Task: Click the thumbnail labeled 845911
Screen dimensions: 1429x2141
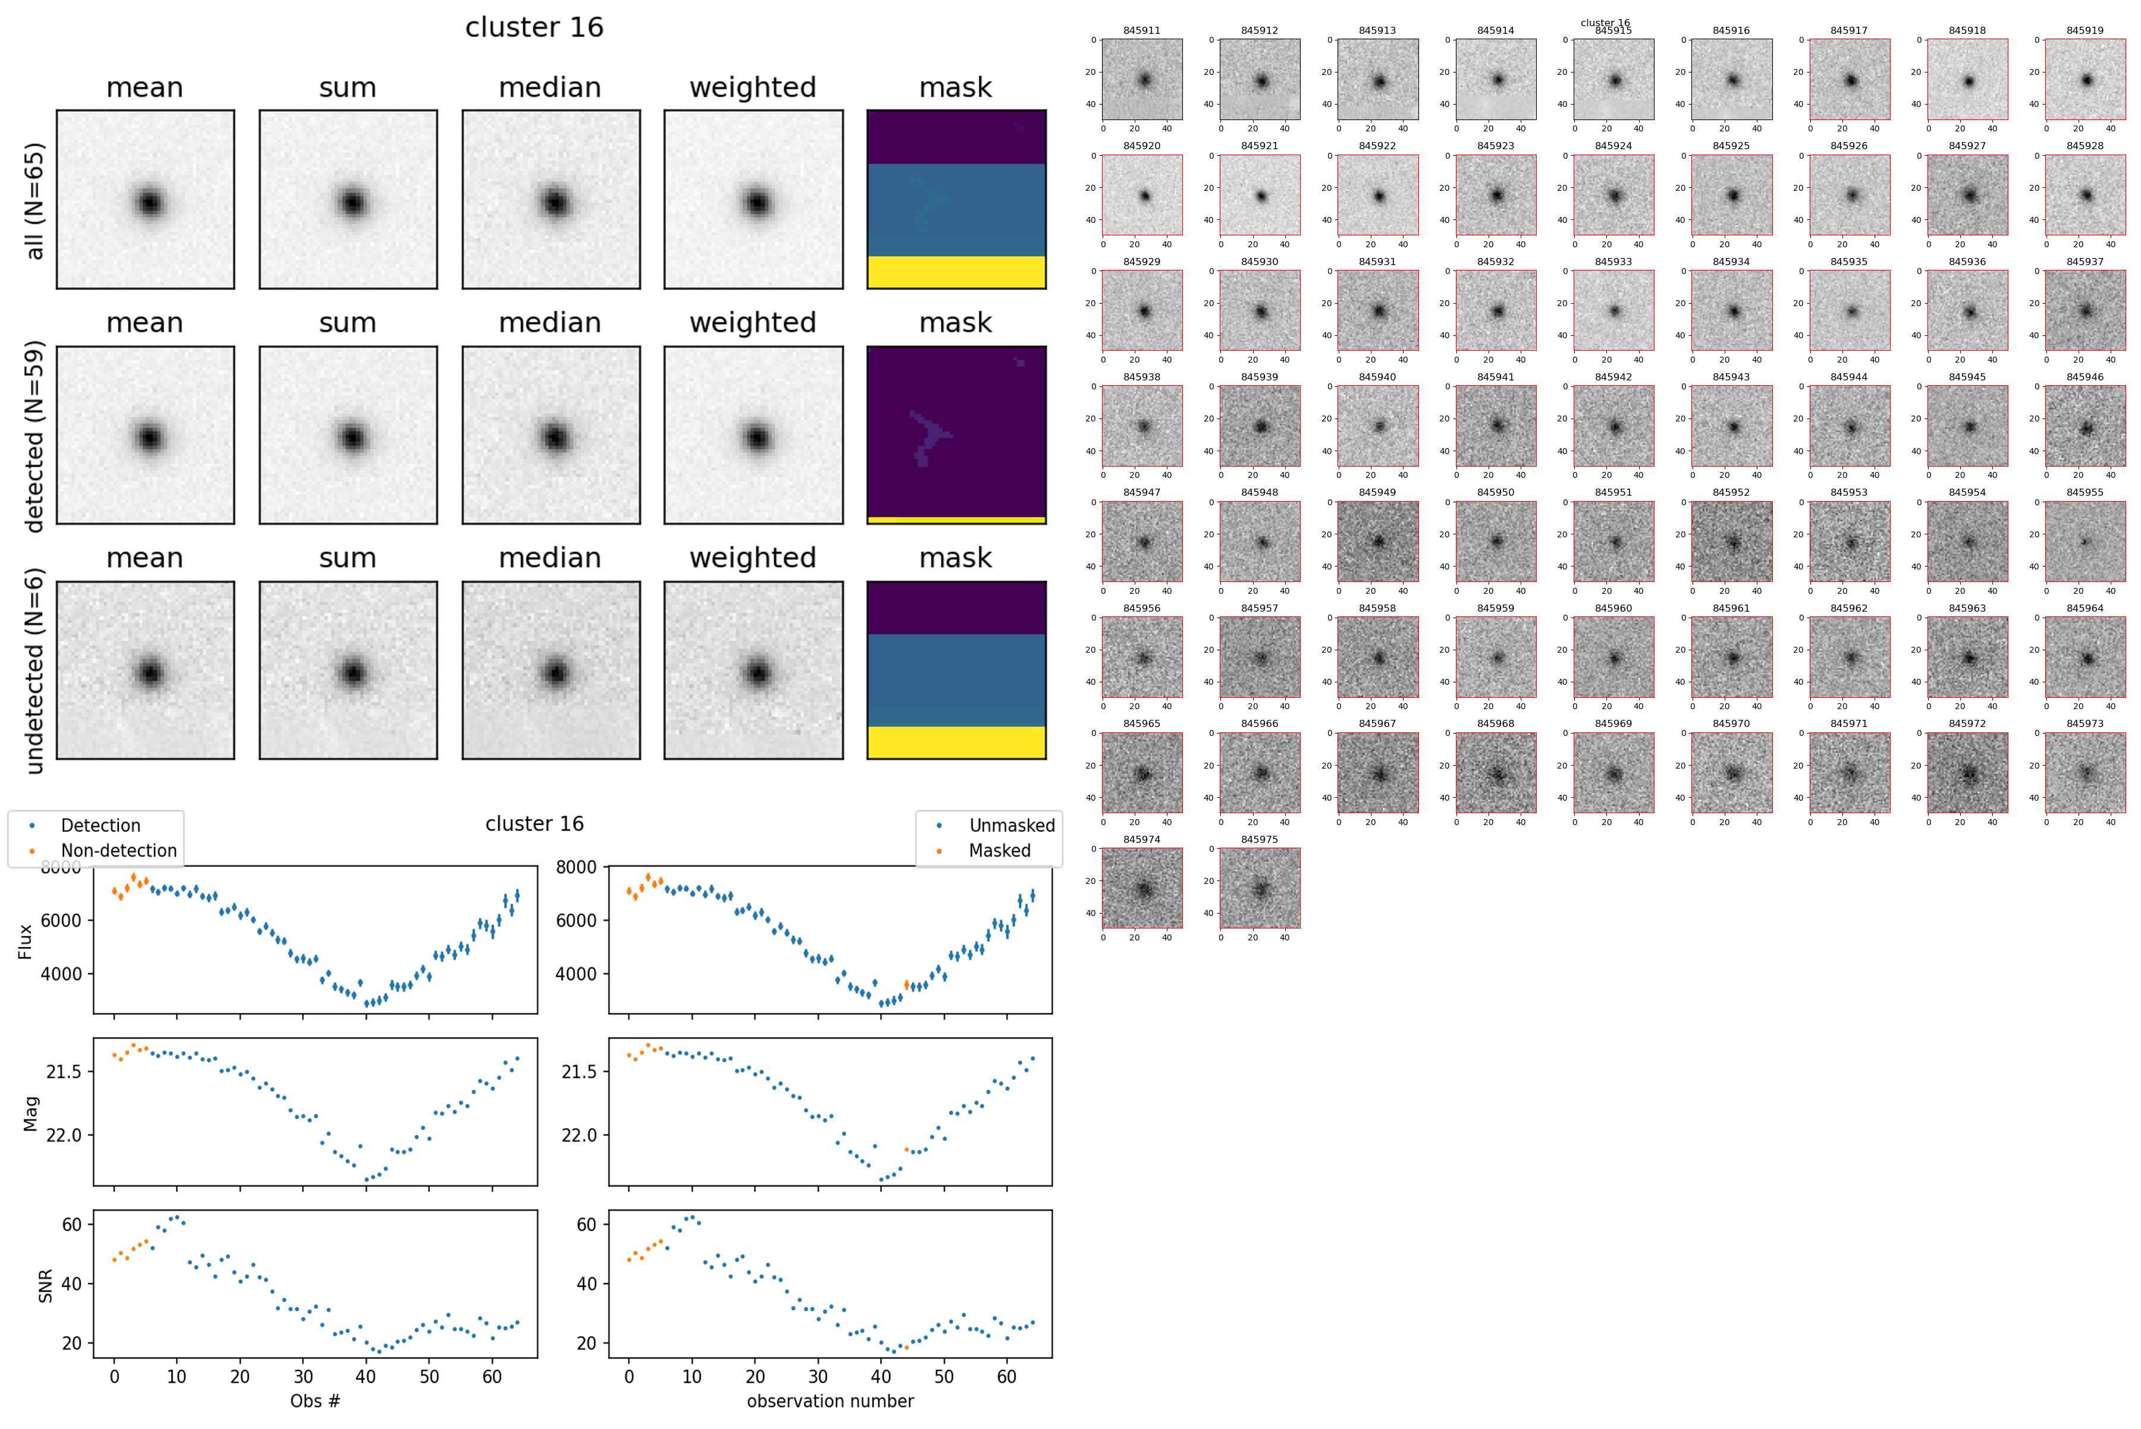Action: (x=1142, y=79)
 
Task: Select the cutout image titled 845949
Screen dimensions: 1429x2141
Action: (x=1377, y=542)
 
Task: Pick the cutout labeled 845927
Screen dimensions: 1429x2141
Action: (x=1967, y=195)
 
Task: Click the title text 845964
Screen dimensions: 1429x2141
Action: (x=2085, y=608)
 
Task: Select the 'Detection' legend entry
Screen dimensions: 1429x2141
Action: (x=101, y=826)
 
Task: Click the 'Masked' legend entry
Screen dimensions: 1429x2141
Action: (x=999, y=850)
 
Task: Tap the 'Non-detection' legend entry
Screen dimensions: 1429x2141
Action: (x=118, y=850)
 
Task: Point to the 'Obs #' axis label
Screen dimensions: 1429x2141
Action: (x=315, y=1400)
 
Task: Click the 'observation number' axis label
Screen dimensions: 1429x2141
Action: (x=830, y=1400)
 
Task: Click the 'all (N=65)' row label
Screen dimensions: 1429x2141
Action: (x=34, y=200)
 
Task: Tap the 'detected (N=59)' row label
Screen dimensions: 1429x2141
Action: (x=34, y=436)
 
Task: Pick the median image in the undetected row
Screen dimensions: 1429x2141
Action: (x=551, y=670)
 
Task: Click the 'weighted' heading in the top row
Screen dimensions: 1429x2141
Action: (x=752, y=87)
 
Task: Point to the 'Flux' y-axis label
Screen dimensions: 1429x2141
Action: (x=26, y=942)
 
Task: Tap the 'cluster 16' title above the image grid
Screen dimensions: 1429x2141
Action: (x=534, y=27)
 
